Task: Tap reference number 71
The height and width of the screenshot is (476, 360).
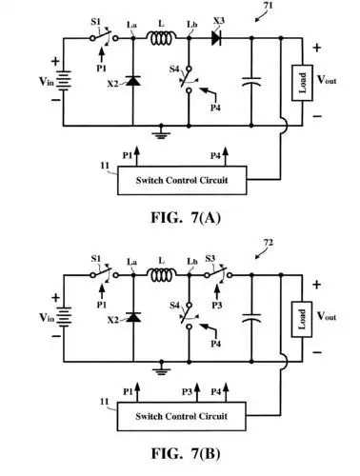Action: [270, 8]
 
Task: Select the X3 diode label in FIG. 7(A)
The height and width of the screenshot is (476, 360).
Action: [219, 20]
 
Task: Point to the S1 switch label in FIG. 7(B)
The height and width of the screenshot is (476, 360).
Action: [96, 259]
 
